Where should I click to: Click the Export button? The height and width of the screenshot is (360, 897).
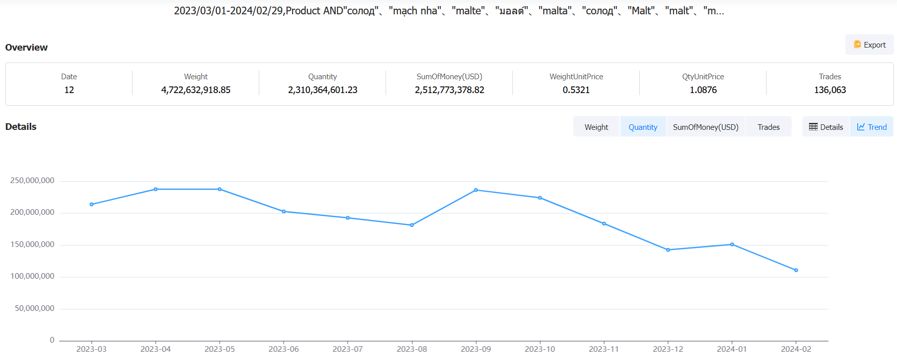[869, 45]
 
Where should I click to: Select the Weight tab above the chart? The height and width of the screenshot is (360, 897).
[596, 127]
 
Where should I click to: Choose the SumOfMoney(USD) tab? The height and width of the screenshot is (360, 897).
[705, 127]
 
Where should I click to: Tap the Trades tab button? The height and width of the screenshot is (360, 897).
[768, 127]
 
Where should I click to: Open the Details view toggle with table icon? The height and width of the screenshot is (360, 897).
[826, 127]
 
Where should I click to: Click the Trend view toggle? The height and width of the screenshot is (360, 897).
[872, 127]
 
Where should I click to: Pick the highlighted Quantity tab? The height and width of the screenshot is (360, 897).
[643, 127]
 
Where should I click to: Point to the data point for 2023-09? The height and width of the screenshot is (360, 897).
[476, 190]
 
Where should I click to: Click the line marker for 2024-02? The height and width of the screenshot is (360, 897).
[796, 270]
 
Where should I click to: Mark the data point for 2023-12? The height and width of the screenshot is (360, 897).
[668, 250]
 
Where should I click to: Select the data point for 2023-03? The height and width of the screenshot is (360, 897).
[92, 205]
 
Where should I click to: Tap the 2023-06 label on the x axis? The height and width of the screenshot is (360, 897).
[284, 349]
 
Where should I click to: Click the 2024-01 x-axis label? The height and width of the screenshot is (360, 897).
[732, 349]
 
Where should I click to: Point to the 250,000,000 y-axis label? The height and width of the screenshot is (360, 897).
[32, 181]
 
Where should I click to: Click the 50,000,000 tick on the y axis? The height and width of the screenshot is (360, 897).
[34, 308]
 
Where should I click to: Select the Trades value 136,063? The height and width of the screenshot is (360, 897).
[830, 90]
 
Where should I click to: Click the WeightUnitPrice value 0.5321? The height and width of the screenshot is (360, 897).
[576, 90]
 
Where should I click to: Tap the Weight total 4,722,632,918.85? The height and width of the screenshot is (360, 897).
[196, 90]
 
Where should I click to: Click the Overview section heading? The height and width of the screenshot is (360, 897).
[27, 48]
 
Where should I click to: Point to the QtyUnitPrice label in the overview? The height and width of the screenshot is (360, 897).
[703, 77]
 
